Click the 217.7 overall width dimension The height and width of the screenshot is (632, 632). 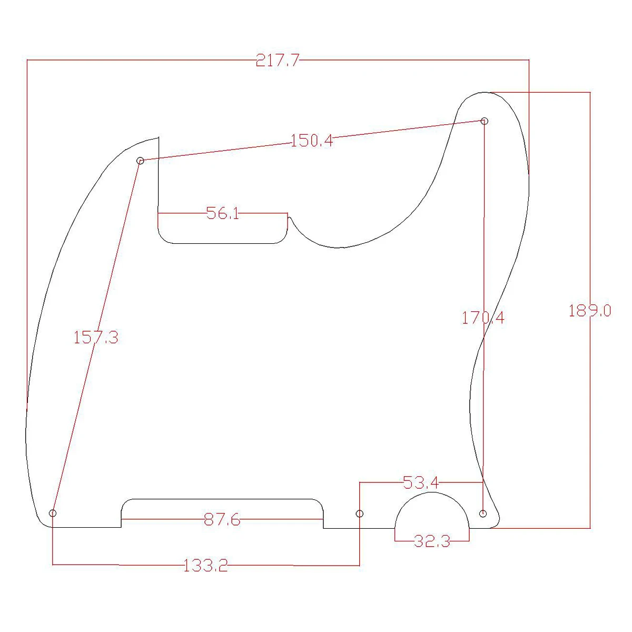pyautogui.click(x=278, y=61)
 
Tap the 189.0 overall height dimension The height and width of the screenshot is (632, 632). pyautogui.click(x=590, y=311)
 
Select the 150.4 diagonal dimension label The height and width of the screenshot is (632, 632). pyautogui.click(x=312, y=141)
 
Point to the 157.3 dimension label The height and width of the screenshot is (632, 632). pyautogui.click(x=95, y=338)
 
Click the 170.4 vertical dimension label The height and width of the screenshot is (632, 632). pyautogui.click(x=483, y=318)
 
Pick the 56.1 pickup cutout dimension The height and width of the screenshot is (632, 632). pyautogui.click(x=223, y=213)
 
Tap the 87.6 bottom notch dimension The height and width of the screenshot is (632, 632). pyautogui.click(x=222, y=519)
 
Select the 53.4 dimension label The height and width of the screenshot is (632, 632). pyautogui.click(x=420, y=482)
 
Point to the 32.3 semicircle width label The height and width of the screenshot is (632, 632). pyautogui.click(x=432, y=541)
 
